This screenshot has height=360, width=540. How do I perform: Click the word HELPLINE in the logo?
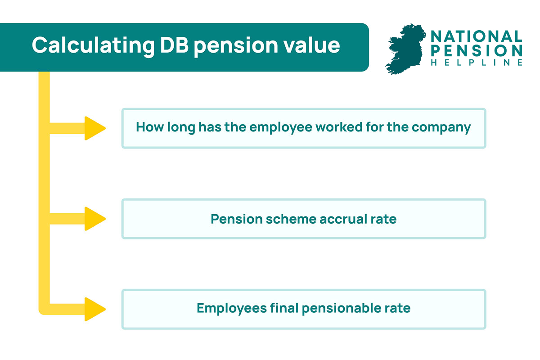[x=477, y=63]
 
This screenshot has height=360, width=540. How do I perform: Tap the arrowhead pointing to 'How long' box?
[x=94, y=128]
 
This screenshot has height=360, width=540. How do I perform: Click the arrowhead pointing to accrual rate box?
[x=94, y=219]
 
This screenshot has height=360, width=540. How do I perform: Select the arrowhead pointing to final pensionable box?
[x=94, y=309]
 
